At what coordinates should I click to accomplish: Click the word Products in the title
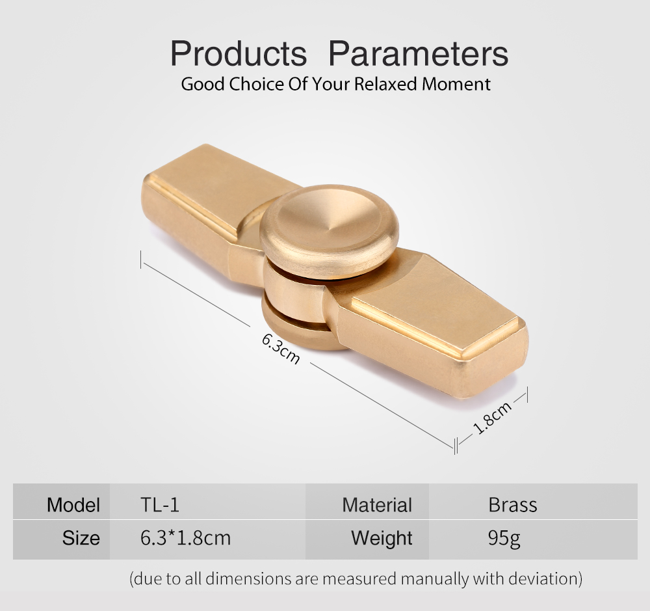pos(239,54)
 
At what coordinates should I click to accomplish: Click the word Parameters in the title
pos(418,54)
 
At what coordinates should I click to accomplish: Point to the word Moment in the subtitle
pos(456,84)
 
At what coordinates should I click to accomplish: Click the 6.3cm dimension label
pos(281,349)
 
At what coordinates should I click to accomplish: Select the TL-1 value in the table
pos(160,505)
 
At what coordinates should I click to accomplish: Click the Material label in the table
pos(377,505)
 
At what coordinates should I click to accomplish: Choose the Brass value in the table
pos(513,505)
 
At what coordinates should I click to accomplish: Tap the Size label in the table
pos(81,538)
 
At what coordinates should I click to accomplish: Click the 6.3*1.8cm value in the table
pos(185,538)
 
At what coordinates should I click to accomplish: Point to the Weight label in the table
pos(382,539)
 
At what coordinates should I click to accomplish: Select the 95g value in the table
pos(504,539)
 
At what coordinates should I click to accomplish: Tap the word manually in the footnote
pos(434,578)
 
